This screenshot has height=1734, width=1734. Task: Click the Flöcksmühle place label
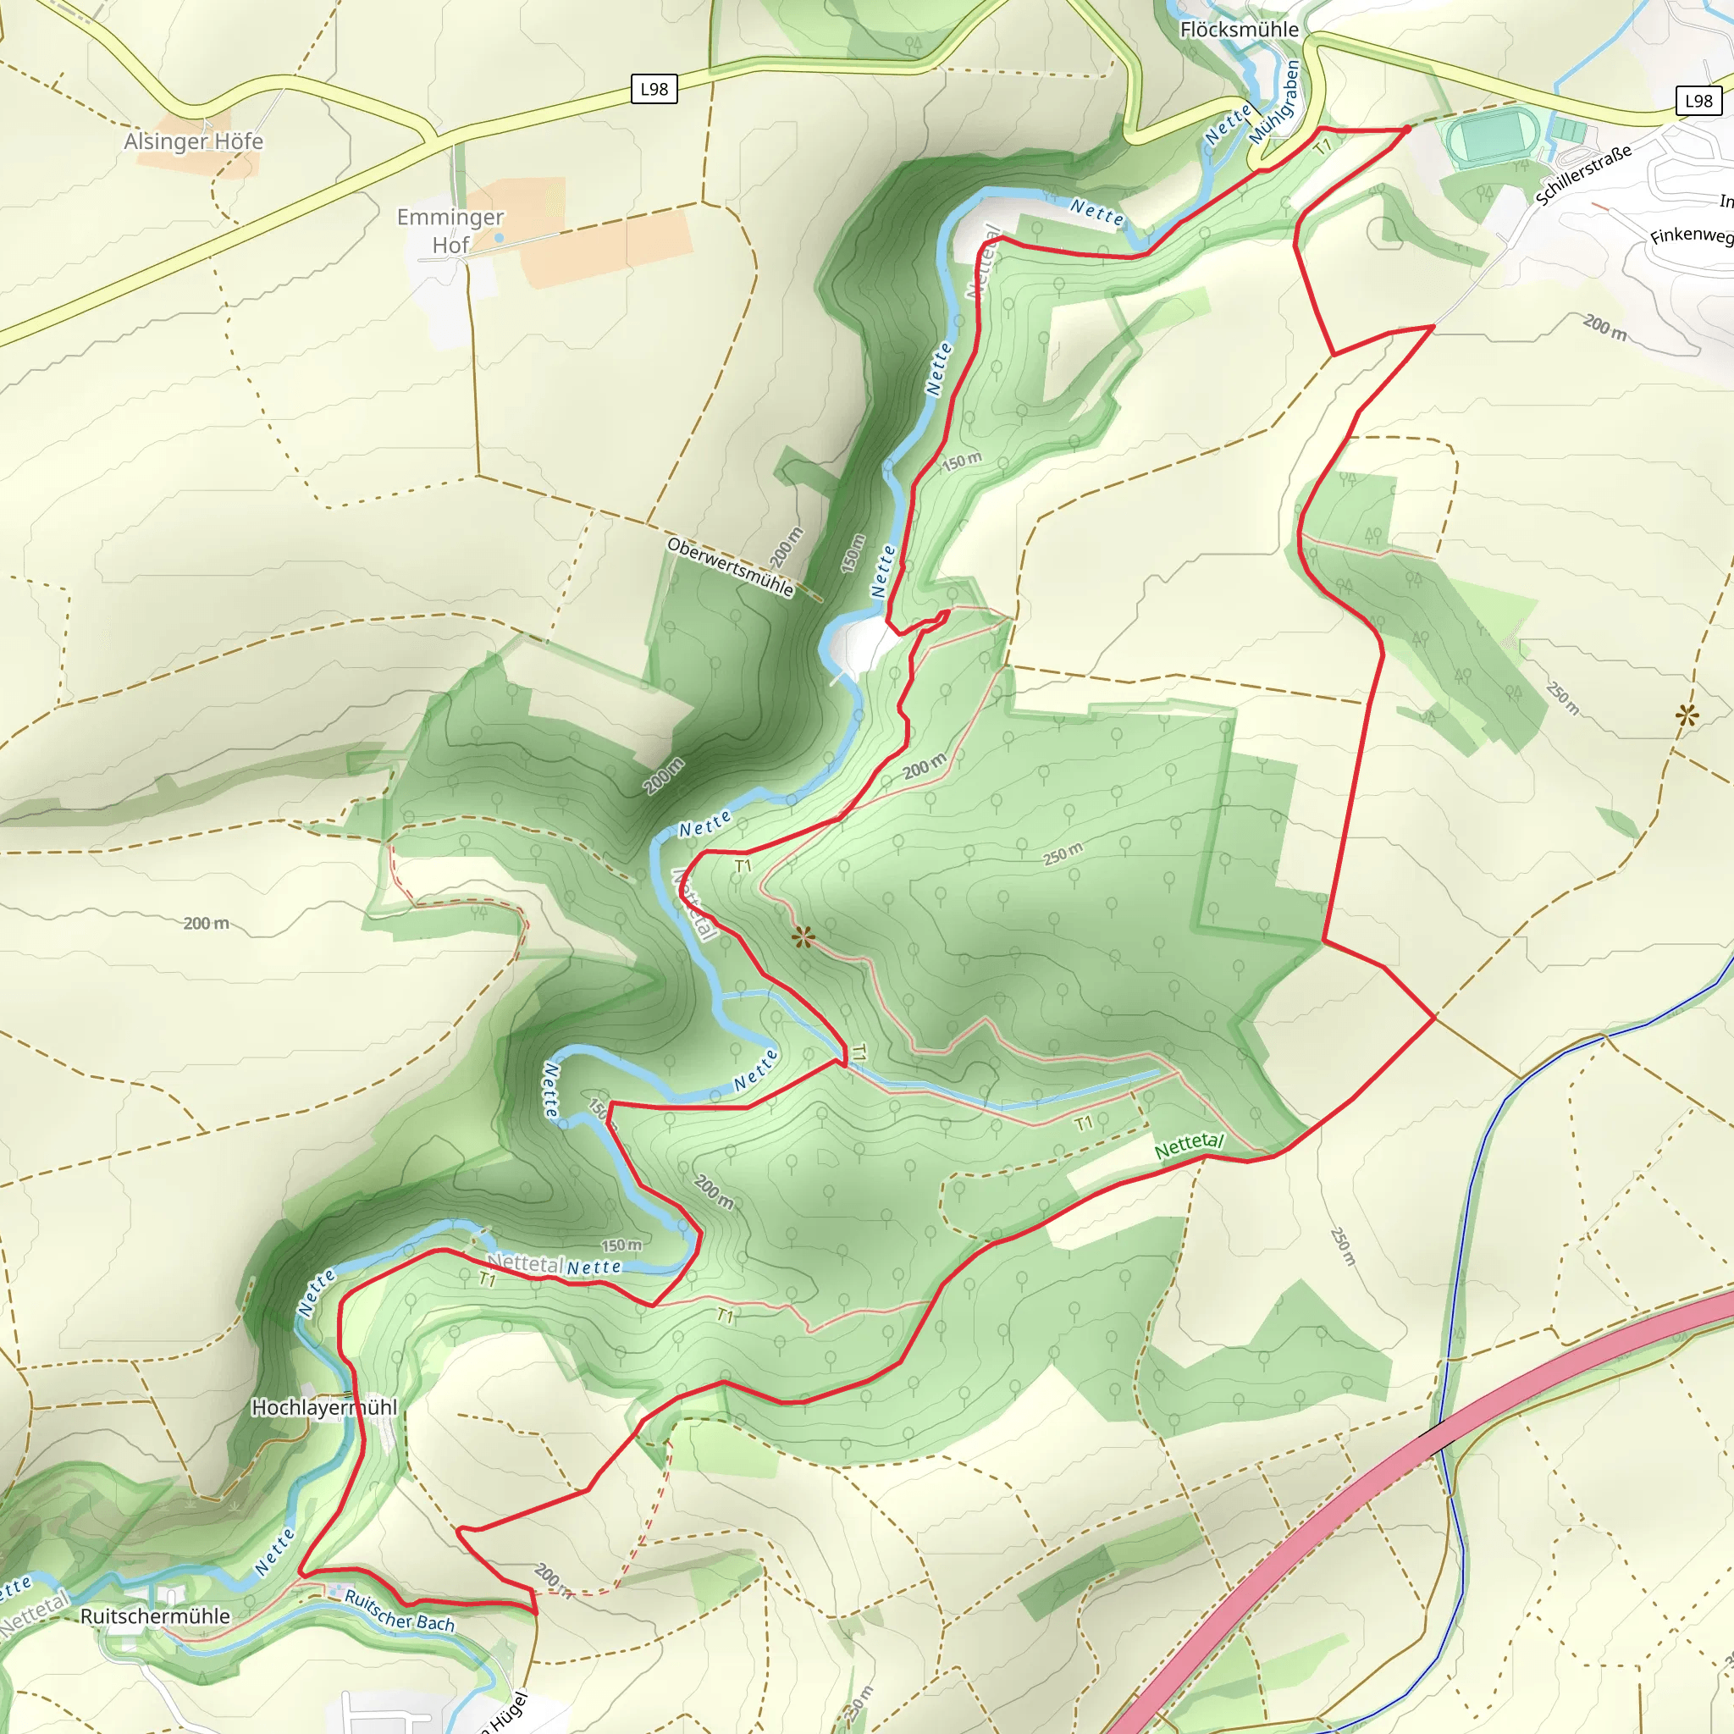(x=1239, y=30)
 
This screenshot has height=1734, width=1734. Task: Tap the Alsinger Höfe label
(x=193, y=141)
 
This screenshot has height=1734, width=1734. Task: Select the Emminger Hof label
(x=450, y=230)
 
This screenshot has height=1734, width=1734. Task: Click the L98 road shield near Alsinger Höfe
(x=654, y=89)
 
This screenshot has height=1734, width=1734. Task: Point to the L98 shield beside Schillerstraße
(x=1698, y=101)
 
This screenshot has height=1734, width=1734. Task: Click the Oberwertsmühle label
(x=730, y=567)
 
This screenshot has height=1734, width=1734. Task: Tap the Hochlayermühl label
(x=323, y=1407)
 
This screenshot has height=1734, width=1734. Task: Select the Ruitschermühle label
(x=155, y=1616)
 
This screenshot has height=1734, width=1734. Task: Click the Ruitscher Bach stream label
(x=400, y=1611)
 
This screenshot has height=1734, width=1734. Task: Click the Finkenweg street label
(x=1691, y=236)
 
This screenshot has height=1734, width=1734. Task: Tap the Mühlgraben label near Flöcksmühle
(x=1274, y=103)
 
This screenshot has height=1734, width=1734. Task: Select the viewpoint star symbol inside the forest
(x=803, y=939)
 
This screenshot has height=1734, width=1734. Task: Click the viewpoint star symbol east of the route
(x=1687, y=715)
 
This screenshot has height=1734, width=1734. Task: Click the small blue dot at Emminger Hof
(x=499, y=238)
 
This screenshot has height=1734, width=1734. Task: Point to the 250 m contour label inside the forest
(x=1063, y=853)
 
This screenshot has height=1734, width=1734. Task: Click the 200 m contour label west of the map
(x=206, y=924)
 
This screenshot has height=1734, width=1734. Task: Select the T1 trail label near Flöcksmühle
(x=1323, y=146)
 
